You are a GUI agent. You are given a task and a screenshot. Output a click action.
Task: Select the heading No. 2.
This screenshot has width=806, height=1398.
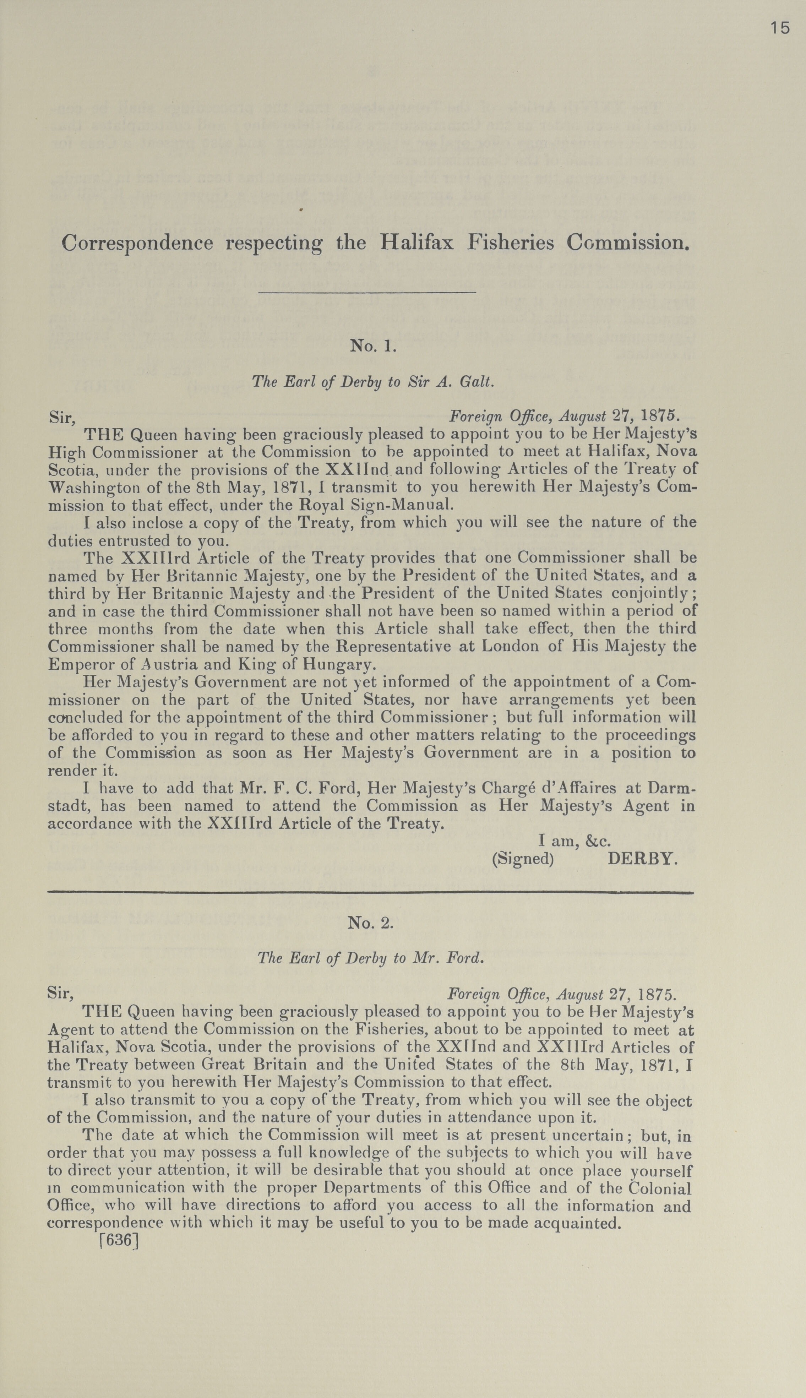click(370, 923)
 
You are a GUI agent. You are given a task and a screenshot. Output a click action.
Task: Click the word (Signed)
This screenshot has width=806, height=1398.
click(523, 858)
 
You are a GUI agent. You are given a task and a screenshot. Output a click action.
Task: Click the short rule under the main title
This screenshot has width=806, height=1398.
click(367, 292)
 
